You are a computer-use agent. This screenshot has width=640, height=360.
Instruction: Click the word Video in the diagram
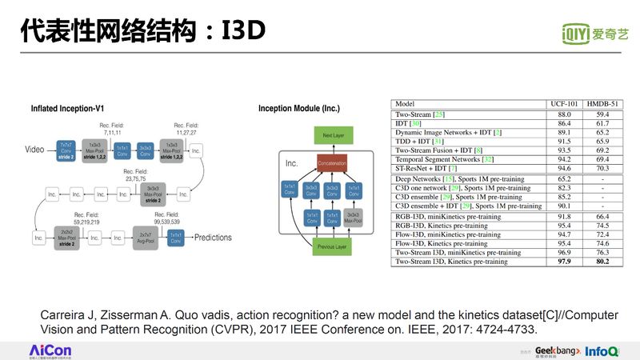coord(34,150)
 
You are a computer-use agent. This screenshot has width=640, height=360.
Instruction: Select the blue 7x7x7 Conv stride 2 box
coord(66,150)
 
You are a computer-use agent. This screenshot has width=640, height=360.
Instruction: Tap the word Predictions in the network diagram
coord(214,238)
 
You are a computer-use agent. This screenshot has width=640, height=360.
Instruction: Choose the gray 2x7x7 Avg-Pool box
coord(144,238)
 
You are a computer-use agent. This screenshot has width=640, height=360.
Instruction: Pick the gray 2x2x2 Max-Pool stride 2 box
coord(67,238)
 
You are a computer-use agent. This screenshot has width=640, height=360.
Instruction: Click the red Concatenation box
coord(331,163)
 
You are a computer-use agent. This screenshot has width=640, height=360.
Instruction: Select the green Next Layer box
coord(331,136)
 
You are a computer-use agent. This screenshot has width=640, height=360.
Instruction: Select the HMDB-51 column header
coord(602,104)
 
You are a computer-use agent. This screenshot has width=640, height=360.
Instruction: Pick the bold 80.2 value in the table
coord(602,262)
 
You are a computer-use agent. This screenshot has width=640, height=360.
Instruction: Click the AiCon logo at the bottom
coord(50,350)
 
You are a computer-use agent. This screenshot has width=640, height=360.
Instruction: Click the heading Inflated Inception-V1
coord(67,108)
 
